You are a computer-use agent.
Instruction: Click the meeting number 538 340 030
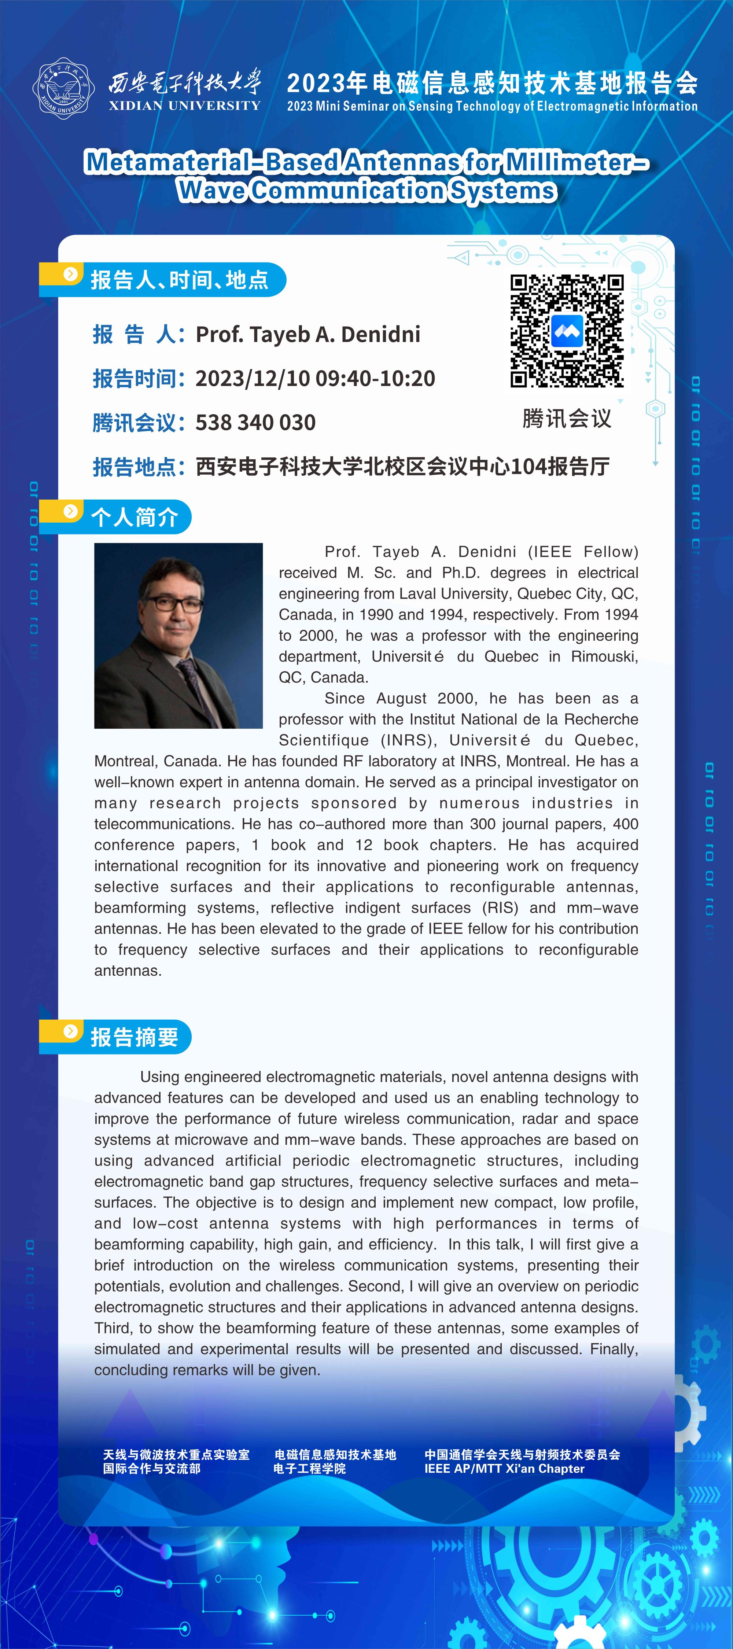pos(255,423)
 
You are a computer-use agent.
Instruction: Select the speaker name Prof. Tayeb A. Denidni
pos(308,334)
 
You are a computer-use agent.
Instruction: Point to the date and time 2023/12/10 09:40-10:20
pos(315,378)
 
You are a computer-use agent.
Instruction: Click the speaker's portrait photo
pos(178,635)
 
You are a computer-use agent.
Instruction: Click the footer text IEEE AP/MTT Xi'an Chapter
pos(504,1468)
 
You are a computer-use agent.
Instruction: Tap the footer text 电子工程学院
pos(309,1468)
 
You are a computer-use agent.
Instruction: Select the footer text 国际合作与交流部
pos(152,1468)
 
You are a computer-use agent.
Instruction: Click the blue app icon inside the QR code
pos(567,331)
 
